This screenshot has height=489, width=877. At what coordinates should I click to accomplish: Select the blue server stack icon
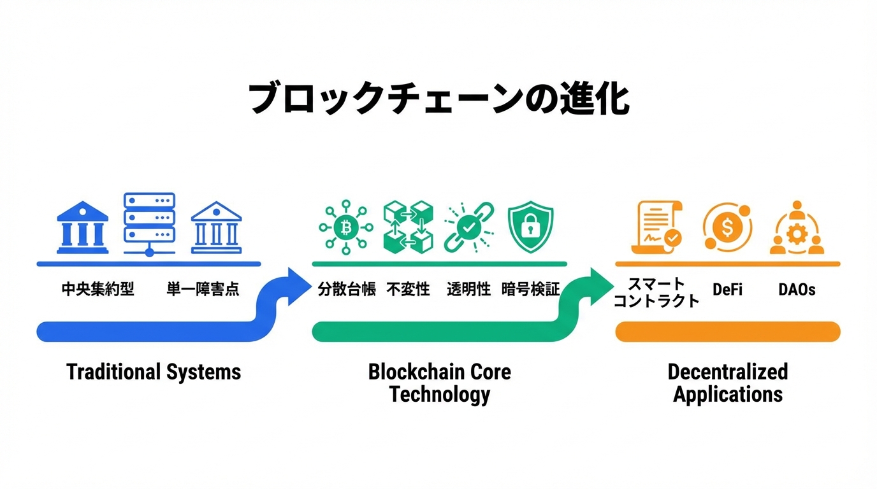point(149,223)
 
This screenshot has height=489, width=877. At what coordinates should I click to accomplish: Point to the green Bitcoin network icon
point(346,227)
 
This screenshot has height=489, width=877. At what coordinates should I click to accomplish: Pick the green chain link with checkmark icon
point(468,227)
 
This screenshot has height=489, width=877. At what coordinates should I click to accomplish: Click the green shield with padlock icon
point(530,227)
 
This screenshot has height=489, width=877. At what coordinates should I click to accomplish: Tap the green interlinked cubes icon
point(408,227)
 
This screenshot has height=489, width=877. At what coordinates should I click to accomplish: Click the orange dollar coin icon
point(727,227)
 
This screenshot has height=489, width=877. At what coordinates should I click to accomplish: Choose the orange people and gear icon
point(797,228)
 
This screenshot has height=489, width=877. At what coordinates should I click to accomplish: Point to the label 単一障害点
point(203,289)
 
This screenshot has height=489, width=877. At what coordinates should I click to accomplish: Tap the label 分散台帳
point(346,290)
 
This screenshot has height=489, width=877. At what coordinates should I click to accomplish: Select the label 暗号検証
point(530,290)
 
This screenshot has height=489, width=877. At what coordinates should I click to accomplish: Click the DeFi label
point(727,290)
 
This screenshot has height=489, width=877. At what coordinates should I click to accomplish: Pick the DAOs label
point(797,290)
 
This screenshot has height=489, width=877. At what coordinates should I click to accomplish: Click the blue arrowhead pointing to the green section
point(297,286)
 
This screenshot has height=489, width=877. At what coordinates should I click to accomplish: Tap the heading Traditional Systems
point(154,372)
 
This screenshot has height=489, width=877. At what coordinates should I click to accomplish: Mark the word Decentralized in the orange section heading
point(727,372)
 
